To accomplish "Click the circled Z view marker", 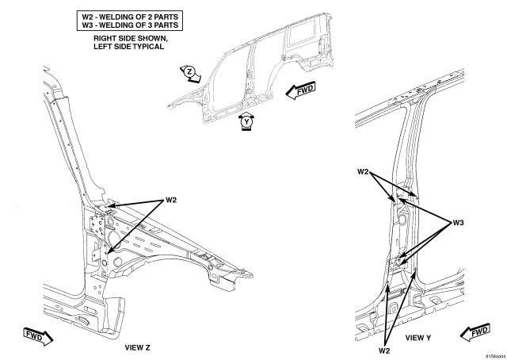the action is pos(189,72).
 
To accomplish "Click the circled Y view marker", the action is pos(247,122).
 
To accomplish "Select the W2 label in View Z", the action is pos(171,200).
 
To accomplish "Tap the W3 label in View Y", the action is pos(458,223).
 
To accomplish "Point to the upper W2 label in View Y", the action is pos(363,172).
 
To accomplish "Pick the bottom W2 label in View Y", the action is pos(384,350).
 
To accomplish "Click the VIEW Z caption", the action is pos(137,347).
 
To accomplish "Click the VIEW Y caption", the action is pos(418,338).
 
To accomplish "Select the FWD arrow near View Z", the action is pos(38,337).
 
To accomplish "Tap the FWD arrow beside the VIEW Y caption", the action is pos(475,332).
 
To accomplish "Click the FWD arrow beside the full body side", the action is pos(300,90).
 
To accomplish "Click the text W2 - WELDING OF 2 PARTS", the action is pos(130,17).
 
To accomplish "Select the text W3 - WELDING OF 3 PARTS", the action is pos(130,25).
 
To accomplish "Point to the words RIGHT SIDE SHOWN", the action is pos(130,38).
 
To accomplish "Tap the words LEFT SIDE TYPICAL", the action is pos(128,47).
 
